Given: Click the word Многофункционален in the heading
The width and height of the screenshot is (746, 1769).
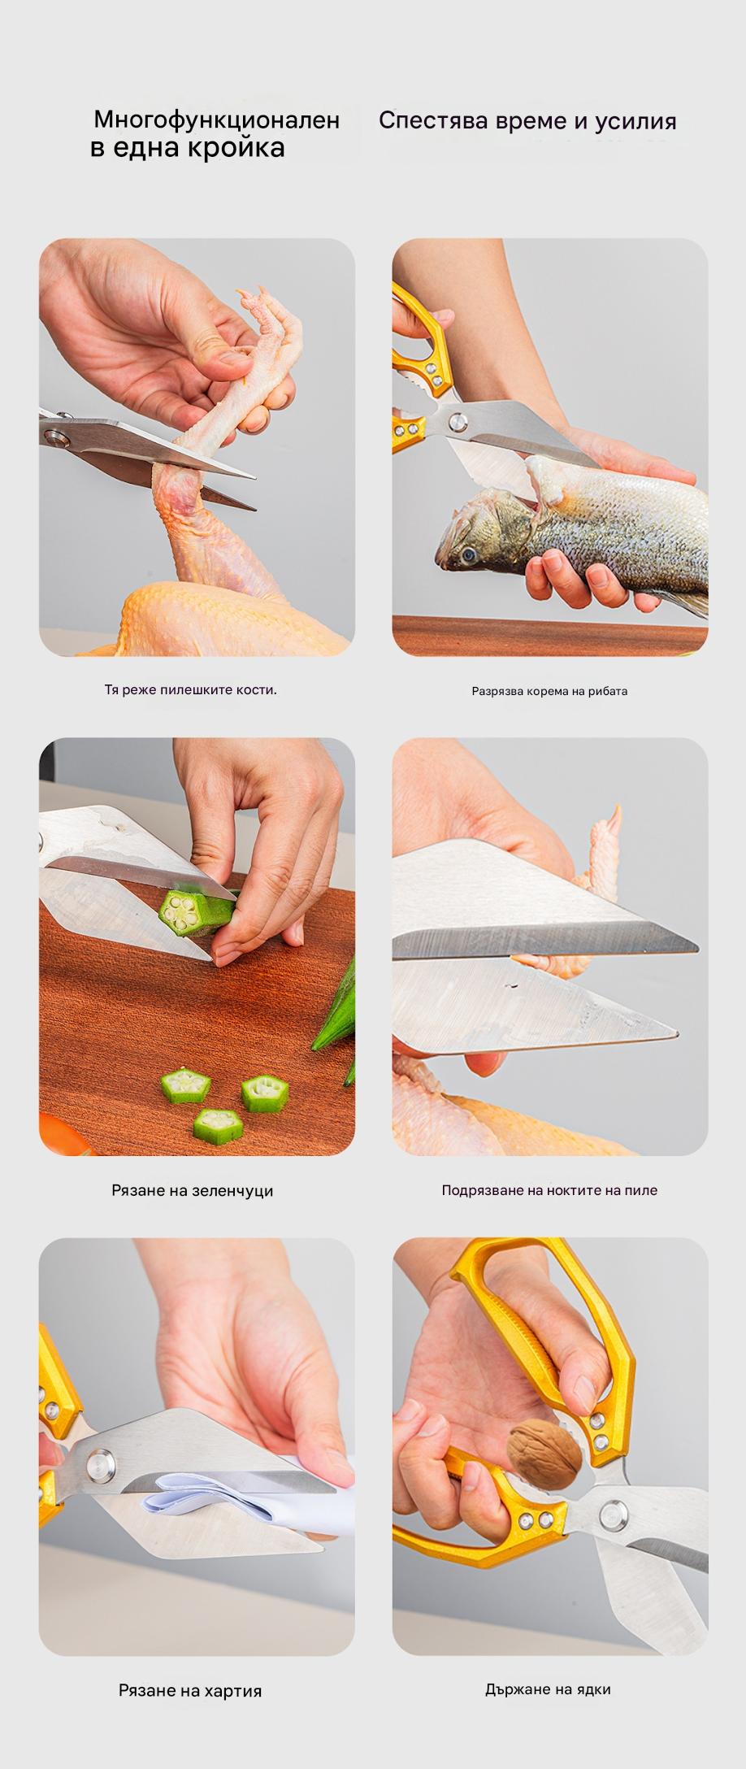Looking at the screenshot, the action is [217, 120].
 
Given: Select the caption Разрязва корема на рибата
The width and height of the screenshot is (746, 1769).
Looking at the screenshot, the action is [549, 691].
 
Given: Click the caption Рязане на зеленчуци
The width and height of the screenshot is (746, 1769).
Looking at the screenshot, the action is [193, 1191].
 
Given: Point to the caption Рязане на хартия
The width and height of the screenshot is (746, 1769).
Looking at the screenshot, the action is [190, 1691].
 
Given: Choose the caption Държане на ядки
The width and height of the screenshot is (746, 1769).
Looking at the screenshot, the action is [548, 1689].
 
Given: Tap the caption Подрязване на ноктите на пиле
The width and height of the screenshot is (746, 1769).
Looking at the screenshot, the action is [549, 1190].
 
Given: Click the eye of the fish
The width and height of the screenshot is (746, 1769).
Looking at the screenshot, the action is [468, 556].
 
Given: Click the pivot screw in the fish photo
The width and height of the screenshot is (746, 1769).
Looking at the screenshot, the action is [458, 422].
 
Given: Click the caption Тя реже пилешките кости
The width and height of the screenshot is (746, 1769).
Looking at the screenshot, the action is [191, 689].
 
